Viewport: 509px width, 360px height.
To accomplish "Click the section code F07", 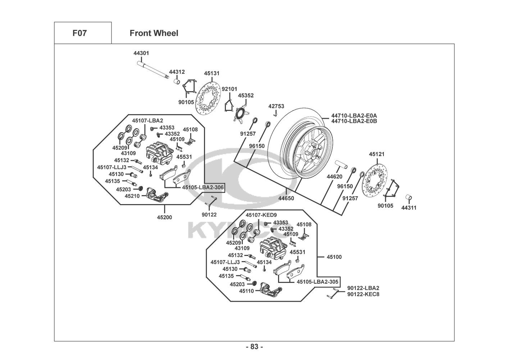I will pyautogui.click(x=79, y=33).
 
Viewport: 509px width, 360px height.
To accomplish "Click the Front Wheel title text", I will pyautogui.click(x=154, y=33).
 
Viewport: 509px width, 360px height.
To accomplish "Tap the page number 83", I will pyautogui.click(x=254, y=347).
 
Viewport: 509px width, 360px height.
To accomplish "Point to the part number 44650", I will pyautogui.click(x=286, y=198).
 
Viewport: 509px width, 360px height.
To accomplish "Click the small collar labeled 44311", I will pyautogui.click(x=409, y=198).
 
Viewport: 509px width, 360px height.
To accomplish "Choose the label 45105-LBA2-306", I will pyautogui.click(x=203, y=188).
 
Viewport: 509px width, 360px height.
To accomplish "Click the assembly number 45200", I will pyautogui.click(x=164, y=217).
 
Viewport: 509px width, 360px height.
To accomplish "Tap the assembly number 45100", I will pyautogui.click(x=334, y=257).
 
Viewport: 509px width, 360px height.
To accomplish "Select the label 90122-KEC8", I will pyautogui.click(x=363, y=294).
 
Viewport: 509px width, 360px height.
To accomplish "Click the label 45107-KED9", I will pyautogui.click(x=261, y=215).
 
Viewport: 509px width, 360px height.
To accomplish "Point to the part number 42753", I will pyautogui.click(x=276, y=106).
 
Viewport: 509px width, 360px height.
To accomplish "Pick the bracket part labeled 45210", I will pyautogui.click(x=157, y=197).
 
